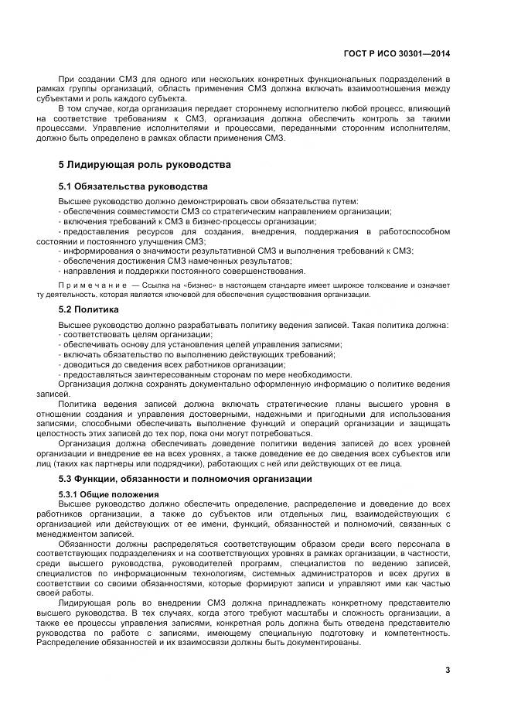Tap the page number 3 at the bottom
pos(448,670)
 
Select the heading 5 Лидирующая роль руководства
pos(145,165)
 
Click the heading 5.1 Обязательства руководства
pos(133,187)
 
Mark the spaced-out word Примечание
pos(91,285)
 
